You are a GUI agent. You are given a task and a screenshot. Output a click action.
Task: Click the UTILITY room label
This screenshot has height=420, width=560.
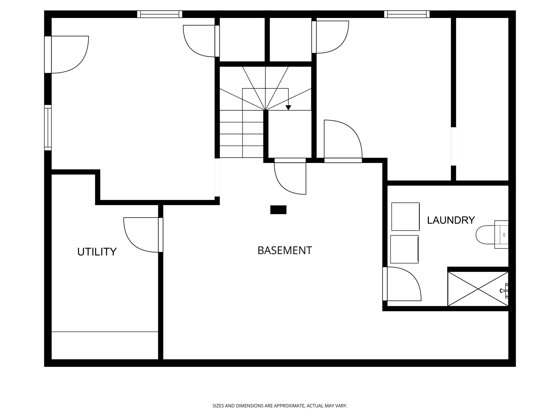97,252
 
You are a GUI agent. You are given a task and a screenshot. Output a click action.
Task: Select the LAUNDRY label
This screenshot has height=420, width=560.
451,220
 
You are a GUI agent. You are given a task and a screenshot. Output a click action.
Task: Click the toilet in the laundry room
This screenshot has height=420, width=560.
492,234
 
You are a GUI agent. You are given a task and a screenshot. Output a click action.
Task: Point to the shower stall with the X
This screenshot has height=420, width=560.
478,289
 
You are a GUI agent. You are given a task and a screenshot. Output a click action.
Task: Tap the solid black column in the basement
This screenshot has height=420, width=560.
278,210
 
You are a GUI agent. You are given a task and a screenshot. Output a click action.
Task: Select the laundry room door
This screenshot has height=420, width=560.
402,284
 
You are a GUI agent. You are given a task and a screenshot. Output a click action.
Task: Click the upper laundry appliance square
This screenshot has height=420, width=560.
406,217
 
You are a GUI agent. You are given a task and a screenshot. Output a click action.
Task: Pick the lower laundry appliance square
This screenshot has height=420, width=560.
404,249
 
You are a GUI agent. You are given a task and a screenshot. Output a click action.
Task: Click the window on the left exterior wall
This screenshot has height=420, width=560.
48,128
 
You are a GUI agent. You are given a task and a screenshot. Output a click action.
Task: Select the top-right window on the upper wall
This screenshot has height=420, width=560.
407,14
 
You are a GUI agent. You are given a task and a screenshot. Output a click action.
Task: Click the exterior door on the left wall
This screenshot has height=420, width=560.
66,55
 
